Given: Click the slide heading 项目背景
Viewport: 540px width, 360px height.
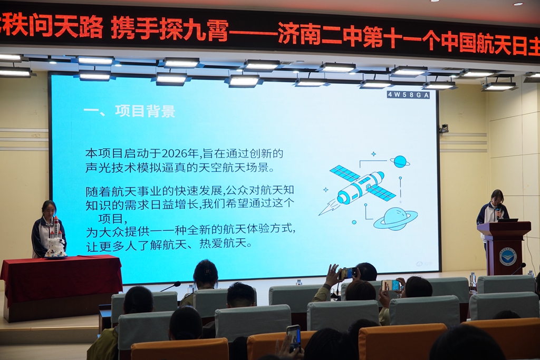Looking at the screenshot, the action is coord(145,111).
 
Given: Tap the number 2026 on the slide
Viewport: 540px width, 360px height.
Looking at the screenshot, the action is coord(175,153).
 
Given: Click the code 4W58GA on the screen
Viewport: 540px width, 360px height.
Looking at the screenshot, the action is coord(409,95).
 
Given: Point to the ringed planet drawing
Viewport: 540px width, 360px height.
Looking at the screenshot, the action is coord(396,219).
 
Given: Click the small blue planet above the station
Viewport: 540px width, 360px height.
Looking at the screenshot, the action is coord(400,161).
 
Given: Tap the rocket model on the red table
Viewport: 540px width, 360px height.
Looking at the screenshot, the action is coord(56,239).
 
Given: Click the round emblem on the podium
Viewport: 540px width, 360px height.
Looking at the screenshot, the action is coord(508,256).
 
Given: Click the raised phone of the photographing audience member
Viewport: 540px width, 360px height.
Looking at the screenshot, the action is coord(348,273).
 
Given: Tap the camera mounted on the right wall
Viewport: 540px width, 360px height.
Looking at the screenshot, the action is coord(443,129).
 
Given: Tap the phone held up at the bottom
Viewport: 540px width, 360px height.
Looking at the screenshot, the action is coord(294,338).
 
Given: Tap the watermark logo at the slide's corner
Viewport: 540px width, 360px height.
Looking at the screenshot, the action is coord(423,264).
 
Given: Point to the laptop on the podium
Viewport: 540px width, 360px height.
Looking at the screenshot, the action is coord(508,220).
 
